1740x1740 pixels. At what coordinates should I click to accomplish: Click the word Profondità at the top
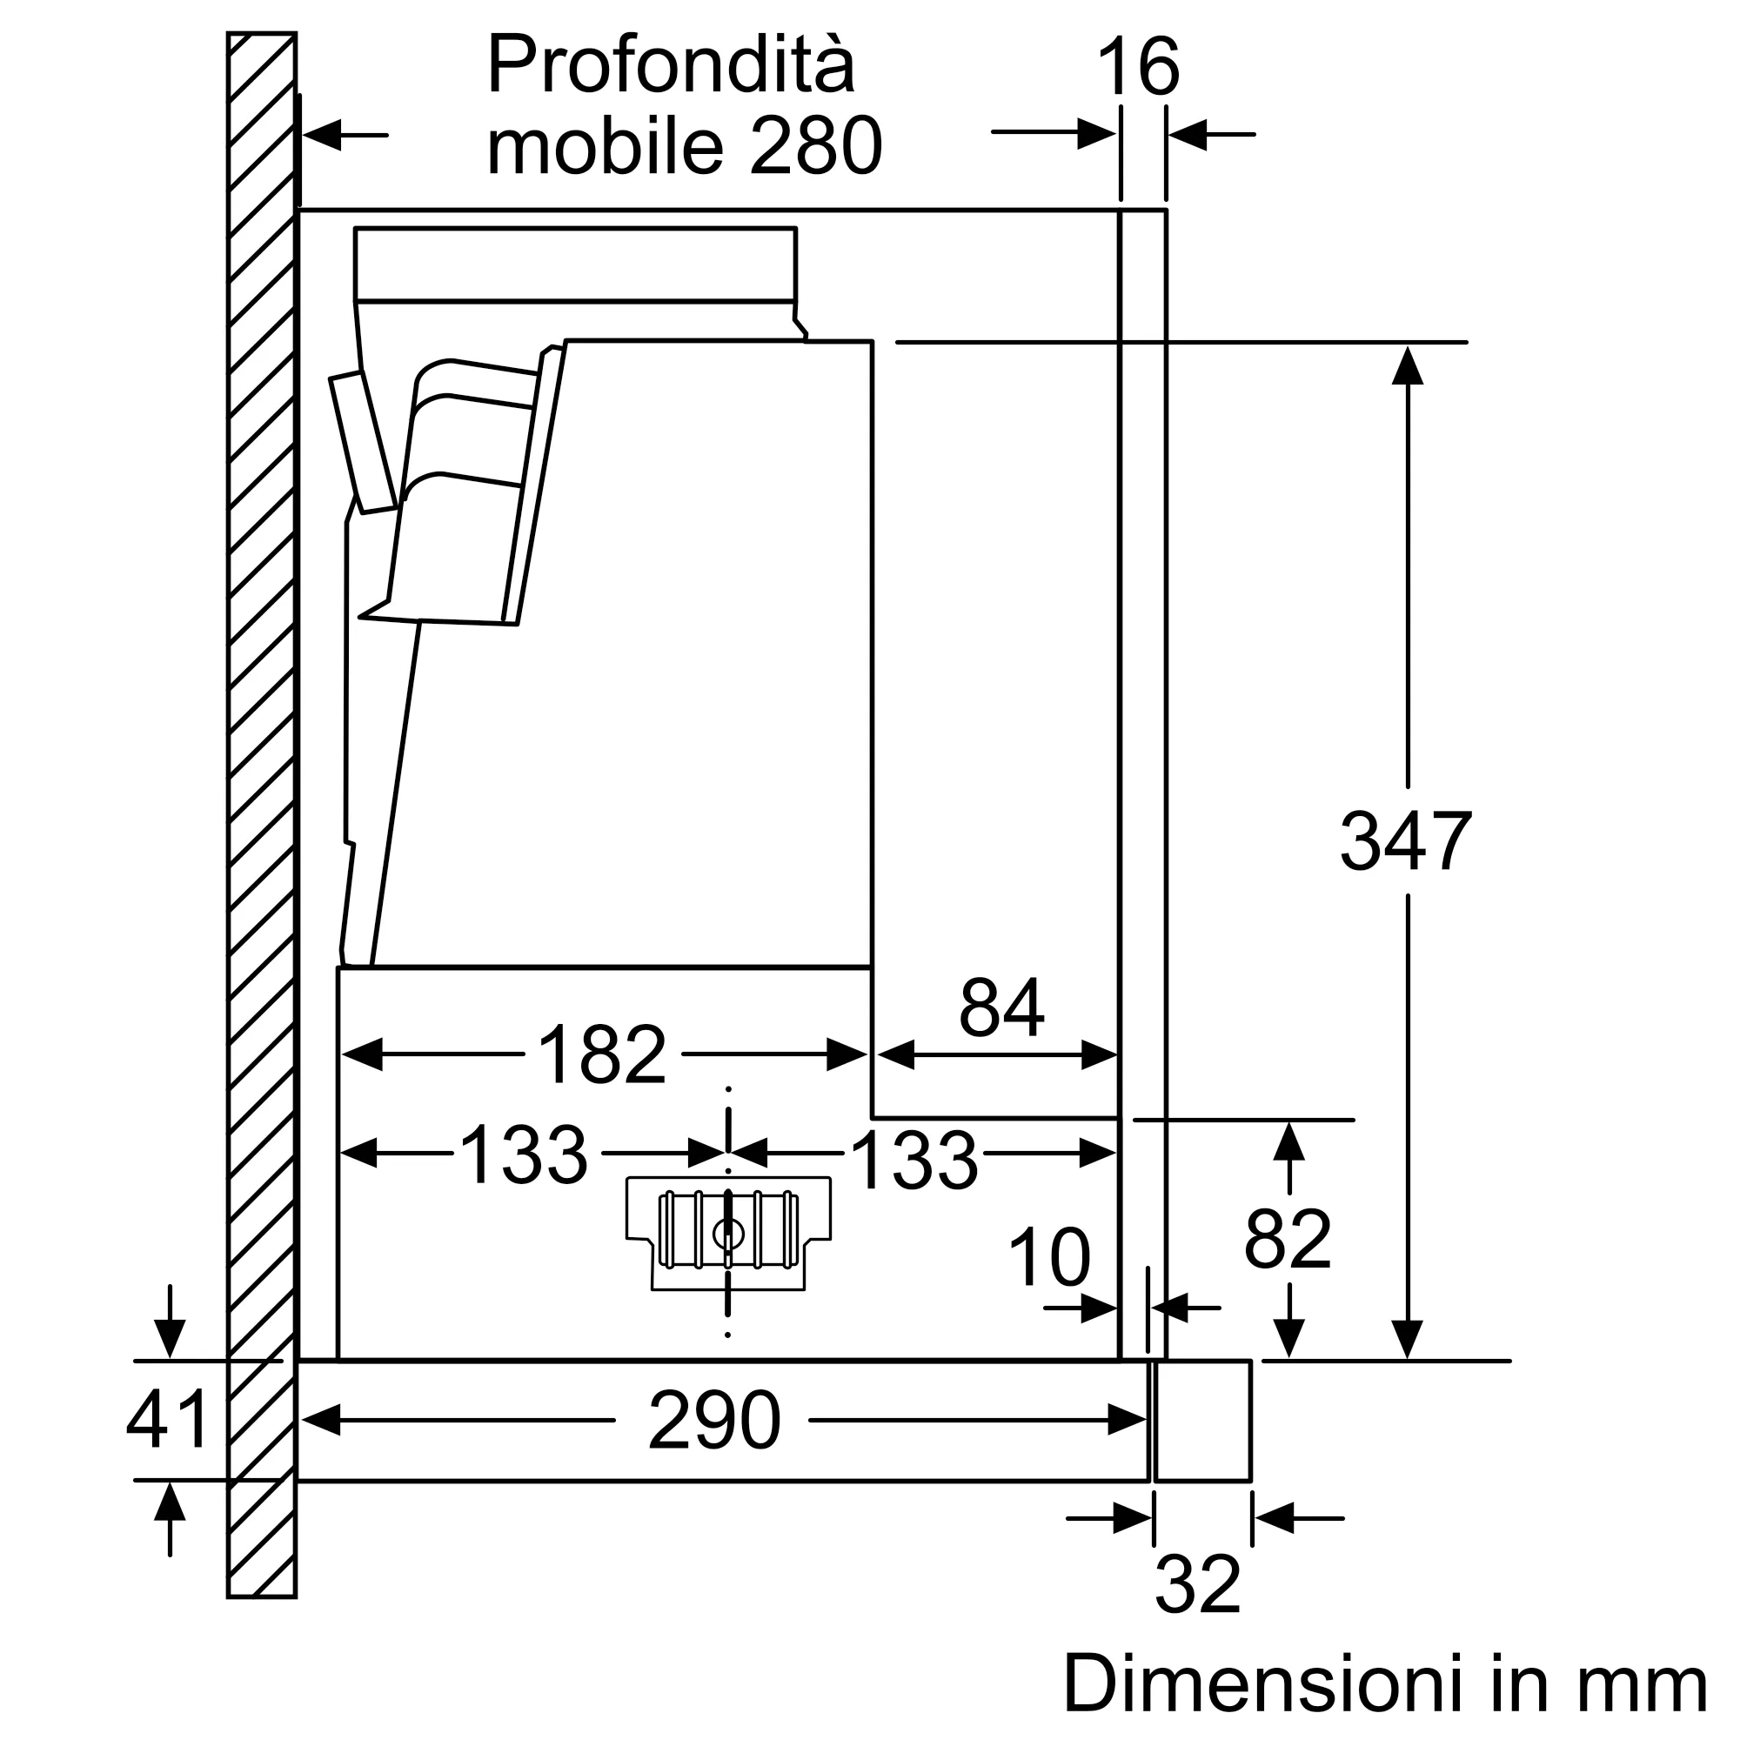670,65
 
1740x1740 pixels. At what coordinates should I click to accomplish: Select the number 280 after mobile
815,147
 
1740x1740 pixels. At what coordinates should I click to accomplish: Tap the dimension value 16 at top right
1137,68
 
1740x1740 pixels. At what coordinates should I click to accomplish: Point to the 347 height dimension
1405,841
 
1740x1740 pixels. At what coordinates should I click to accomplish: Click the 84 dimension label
1000,1007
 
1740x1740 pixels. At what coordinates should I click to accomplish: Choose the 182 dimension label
602,1054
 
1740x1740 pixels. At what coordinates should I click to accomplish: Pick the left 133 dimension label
523,1154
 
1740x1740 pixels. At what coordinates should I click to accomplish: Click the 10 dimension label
1048,1257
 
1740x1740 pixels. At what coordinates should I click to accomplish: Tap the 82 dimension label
1287,1240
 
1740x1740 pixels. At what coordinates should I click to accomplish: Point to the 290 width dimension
713,1422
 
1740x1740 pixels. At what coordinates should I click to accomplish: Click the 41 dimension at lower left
168,1421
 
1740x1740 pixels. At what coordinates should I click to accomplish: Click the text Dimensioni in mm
1384,1684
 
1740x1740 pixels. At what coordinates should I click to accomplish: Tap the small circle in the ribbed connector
727,1235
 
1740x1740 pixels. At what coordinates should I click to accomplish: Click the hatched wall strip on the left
261,811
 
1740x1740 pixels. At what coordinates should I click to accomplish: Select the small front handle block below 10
1202,1421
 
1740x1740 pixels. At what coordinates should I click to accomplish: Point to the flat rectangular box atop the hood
574,263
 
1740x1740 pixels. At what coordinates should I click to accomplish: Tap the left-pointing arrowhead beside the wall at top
324,135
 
